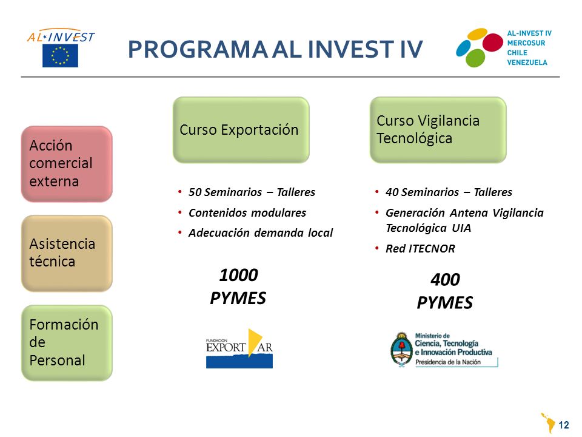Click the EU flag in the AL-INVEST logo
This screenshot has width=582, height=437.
pos(60,56)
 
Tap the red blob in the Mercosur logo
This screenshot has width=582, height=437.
pos(492,42)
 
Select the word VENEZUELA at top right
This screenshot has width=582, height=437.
pos(527,63)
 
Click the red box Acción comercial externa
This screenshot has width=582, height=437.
pos(67,164)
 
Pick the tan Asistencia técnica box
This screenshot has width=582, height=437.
pos(67,253)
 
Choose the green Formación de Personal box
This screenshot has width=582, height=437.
pos(67,342)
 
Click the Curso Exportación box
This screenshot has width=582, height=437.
pos(241,130)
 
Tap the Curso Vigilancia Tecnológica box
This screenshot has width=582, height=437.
pos(438,130)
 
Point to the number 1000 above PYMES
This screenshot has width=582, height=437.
pos(238,276)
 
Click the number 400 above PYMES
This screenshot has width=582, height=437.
pos(445,280)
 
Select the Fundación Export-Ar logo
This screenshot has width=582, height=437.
pos(239,348)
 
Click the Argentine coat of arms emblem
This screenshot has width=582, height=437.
pos(401,350)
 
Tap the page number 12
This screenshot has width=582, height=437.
pos(563,425)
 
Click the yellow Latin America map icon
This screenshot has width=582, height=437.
pos(548,423)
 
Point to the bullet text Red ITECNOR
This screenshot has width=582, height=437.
pos(420,249)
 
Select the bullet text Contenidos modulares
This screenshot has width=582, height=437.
pos(247,213)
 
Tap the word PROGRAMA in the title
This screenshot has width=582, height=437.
pos(198,49)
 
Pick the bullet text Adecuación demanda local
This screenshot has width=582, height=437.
pos(261,233)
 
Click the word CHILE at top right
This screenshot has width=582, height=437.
pos(517,53)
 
